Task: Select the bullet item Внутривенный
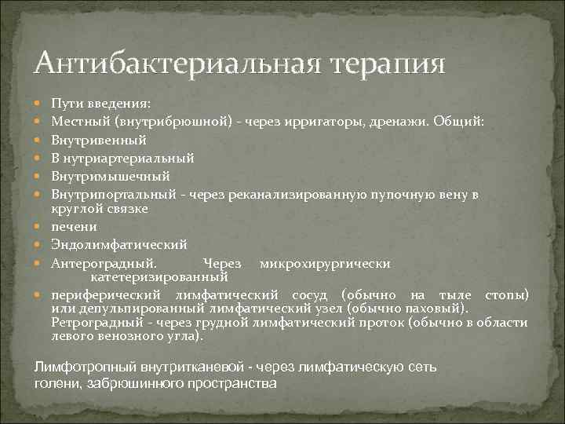point(99,140)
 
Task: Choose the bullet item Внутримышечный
point(110,176)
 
